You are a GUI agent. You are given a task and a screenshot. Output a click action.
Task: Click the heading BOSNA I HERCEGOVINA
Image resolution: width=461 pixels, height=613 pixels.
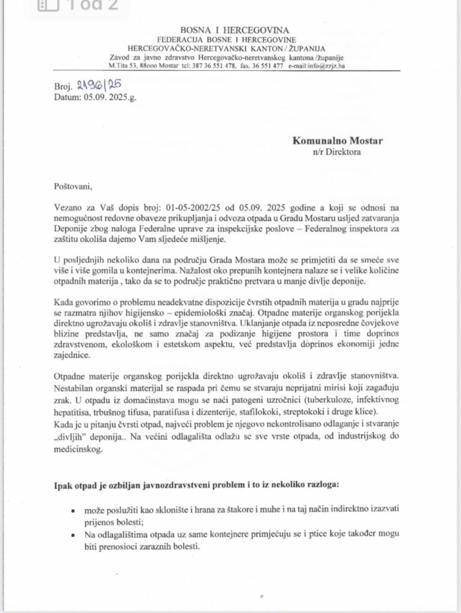point(234,30)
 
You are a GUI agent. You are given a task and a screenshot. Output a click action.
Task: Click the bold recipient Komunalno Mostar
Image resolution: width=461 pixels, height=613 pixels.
point(337,140)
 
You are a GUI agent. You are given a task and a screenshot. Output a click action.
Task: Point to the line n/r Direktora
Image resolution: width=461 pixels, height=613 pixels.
point(336,152)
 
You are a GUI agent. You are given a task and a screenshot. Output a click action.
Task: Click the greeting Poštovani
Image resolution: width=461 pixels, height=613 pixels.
point(73,186)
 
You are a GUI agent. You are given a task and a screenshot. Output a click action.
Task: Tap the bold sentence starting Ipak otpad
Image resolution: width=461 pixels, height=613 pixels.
point(196,484)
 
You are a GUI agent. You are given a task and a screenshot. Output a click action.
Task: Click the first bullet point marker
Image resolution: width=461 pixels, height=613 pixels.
point(73,510)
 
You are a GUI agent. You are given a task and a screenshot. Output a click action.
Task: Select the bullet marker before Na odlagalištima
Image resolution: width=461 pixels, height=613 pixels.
point(73,535)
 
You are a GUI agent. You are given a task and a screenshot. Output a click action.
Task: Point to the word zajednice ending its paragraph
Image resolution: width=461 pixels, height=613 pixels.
point(72,355)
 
